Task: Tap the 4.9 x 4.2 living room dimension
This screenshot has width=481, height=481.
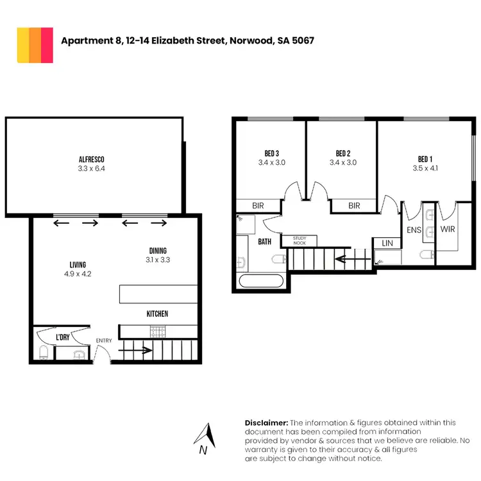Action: (78, 274)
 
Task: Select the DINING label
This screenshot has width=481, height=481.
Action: (158, 251)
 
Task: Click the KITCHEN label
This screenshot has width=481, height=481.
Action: (158, 314)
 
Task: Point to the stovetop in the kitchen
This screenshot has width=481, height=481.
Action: (158, 332)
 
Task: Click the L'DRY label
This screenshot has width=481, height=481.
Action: (63, 337)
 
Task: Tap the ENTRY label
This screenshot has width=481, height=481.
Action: (103, 341)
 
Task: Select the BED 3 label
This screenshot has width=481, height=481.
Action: (271, 153)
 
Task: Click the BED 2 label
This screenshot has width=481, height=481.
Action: (342, 153)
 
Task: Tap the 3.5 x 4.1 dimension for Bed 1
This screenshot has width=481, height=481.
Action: (425, 169)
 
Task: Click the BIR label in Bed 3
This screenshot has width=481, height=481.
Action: (258, 206)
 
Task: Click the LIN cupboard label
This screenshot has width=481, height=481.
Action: (387, 243)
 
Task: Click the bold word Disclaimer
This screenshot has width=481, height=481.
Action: (266, 423)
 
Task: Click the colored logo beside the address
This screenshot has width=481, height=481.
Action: (35, 46)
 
